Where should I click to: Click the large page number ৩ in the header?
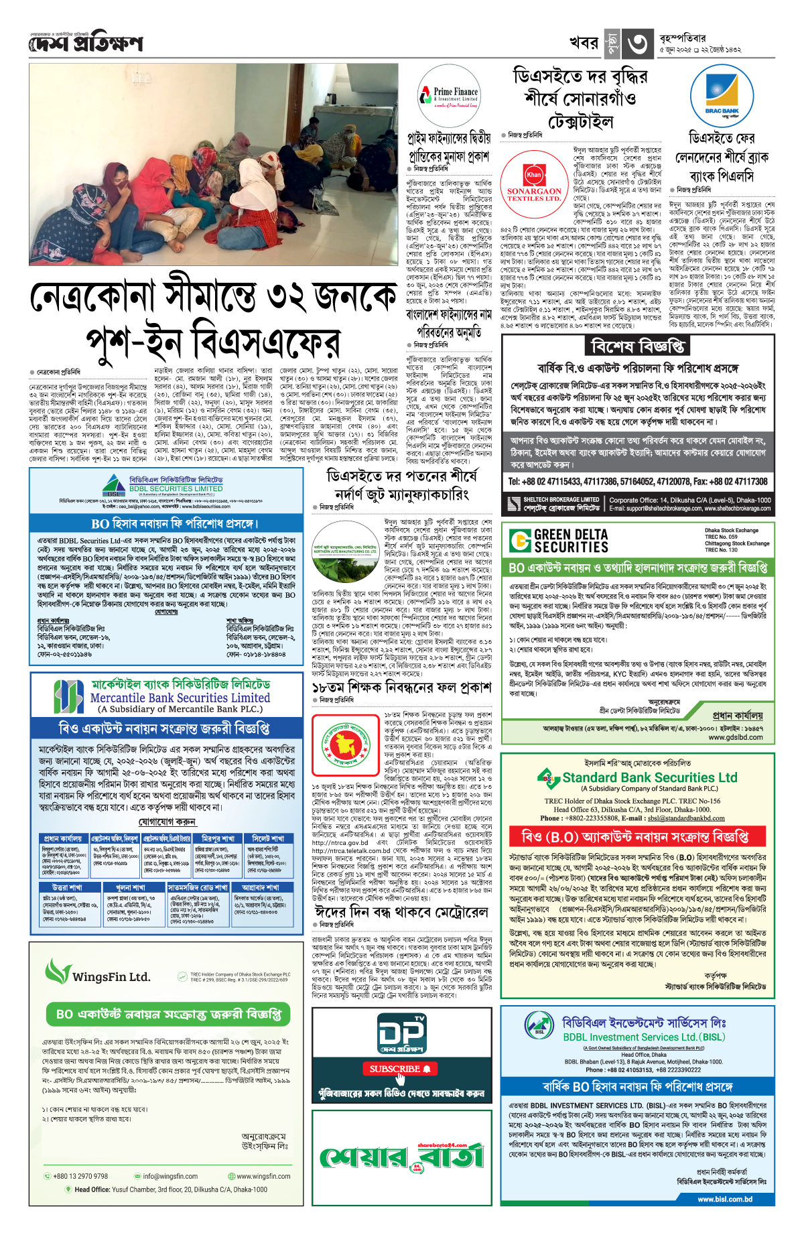point(636,44)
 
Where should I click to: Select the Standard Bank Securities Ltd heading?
point(649,777)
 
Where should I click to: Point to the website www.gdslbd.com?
point(736,737)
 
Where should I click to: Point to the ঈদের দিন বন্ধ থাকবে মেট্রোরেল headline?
point(401,912)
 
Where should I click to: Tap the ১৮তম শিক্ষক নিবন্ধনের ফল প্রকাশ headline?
point(401,688)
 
